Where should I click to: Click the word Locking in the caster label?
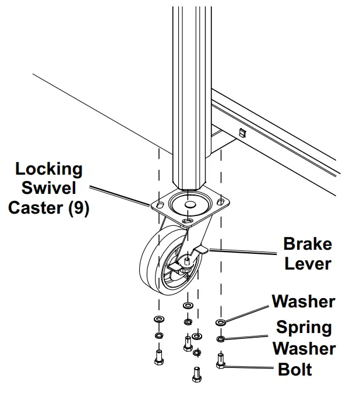(49, 169)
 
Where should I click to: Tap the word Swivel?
(49, 188)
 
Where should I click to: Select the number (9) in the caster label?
(79, 208)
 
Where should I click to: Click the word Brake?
(308, 244)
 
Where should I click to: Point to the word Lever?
(308, 264)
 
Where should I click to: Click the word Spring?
(304, 328)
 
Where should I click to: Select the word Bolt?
(295, 369)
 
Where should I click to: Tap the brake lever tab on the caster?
(202, 250)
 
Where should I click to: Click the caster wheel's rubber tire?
(150, 266)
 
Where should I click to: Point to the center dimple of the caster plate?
(190, 204)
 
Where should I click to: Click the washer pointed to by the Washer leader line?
(221, 323)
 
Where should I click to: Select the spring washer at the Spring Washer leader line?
(221, 339)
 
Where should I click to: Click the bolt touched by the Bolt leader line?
(221, 361)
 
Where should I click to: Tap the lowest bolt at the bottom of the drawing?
(196, 374)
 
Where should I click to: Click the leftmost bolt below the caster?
(158, 357)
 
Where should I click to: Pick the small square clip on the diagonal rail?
(242, 133)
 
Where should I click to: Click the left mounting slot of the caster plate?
(160, 204)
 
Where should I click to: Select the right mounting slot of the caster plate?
(220, 202)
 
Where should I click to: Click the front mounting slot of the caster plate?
(188, 221)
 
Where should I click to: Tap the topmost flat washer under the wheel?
(188, 305)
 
